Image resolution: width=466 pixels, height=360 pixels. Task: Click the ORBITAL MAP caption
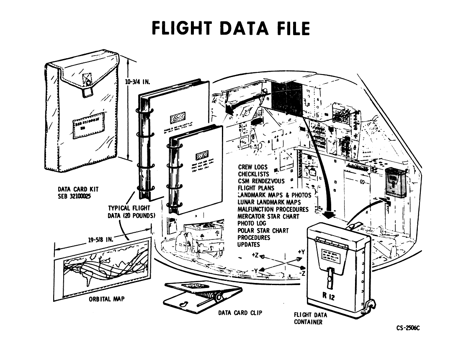tap(106, 299)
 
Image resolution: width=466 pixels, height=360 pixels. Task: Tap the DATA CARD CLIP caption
tap(240, 312)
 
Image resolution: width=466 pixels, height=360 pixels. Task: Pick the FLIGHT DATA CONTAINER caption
tap(310, 318)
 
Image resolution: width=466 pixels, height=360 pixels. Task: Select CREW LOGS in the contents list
tap(252, 167)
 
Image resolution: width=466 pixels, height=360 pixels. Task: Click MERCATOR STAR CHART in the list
tap(268, 216)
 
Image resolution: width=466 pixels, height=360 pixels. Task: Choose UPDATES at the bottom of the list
tap(249, 244)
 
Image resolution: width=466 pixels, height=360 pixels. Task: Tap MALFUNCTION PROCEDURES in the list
tap(273, 209)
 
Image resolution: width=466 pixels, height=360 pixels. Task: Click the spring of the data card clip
tap(208, 297)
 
